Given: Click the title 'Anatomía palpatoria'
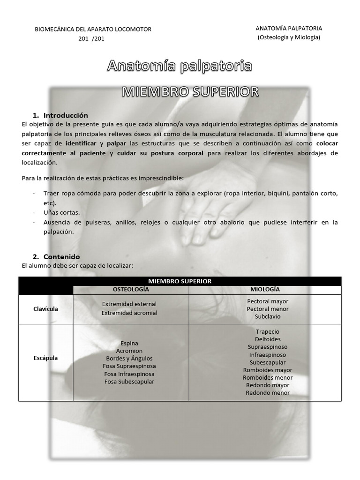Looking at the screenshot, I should [180, 66].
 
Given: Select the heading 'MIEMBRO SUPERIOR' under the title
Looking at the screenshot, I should [190, 91].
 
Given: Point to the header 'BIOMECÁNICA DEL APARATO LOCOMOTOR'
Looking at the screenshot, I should [93, 29].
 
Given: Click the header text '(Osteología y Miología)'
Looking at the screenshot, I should [289, 37].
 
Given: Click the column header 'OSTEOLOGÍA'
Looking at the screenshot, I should [131, 290].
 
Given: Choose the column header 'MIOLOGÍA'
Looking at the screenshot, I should [265, 290].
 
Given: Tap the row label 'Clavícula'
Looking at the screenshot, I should [46, 309].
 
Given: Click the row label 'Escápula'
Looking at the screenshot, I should [46, 358].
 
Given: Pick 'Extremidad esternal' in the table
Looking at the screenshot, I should [129, 304].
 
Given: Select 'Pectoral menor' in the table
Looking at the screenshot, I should [268, 309].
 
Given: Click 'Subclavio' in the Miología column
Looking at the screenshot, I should [268, 316].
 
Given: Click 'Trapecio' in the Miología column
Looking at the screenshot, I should [268, 332].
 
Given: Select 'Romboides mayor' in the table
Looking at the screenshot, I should [268, 370].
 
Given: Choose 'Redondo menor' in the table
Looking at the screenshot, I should [268, 393].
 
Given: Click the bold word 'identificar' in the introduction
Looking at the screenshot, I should [82, 143].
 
